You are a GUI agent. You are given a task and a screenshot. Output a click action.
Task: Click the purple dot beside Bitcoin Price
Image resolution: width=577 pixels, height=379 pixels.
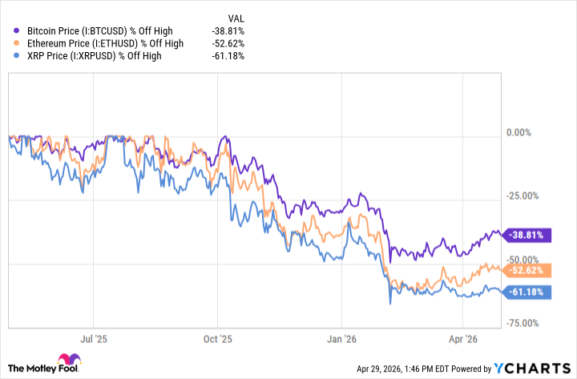[x=18, y=30]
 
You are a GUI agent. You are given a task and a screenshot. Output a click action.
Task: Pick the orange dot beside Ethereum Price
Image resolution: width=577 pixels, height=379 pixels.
[x=18, y=42]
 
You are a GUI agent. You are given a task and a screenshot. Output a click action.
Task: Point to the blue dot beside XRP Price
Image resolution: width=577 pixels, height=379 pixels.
[x=18, y=55]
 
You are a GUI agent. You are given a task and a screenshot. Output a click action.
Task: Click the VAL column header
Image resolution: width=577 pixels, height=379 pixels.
[x=236, y=16]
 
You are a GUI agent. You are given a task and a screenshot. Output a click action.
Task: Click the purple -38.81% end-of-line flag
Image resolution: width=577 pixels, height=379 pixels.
[x=528, y=236]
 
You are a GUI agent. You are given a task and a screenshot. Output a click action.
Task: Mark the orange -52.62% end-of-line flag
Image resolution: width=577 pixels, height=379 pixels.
[x=528, y=270]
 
